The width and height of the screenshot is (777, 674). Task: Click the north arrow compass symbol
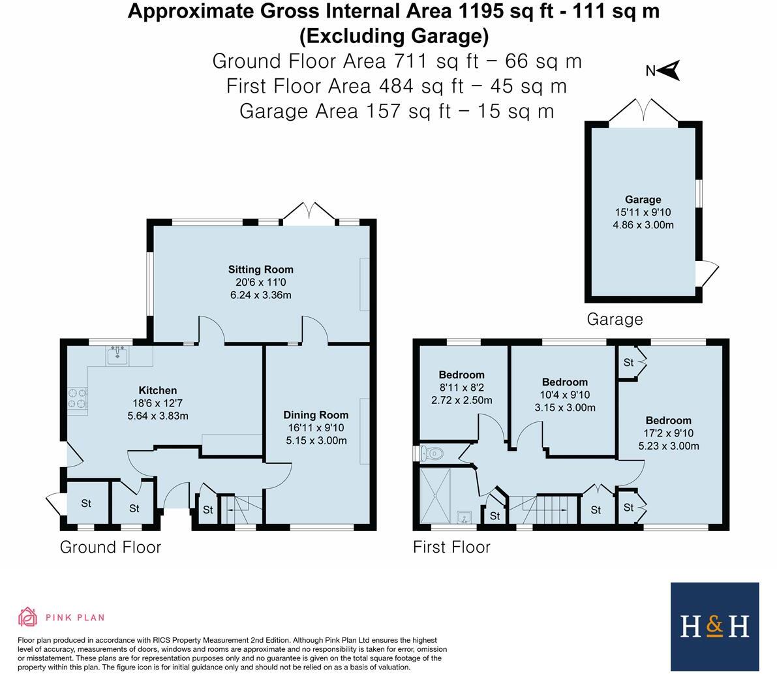point(669,70)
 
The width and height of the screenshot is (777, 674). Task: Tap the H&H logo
point(714,626)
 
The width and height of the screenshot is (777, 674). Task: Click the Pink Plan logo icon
point(27,617)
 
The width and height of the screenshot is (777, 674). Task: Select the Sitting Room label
point(260,269)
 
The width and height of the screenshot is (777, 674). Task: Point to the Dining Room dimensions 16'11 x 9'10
point(316,428)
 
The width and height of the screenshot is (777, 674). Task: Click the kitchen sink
point(118,356)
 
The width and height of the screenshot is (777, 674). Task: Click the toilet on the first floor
point(432,452)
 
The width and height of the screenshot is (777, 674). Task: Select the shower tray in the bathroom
point(435,495)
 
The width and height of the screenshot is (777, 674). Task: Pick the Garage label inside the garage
point(643,200)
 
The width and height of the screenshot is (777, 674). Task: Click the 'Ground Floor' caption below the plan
point(110,547)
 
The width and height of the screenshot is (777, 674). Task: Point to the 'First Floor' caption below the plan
point(451,547)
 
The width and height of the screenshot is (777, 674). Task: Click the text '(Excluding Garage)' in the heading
point(393,36)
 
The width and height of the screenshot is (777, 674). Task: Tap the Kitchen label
point(157,390)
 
